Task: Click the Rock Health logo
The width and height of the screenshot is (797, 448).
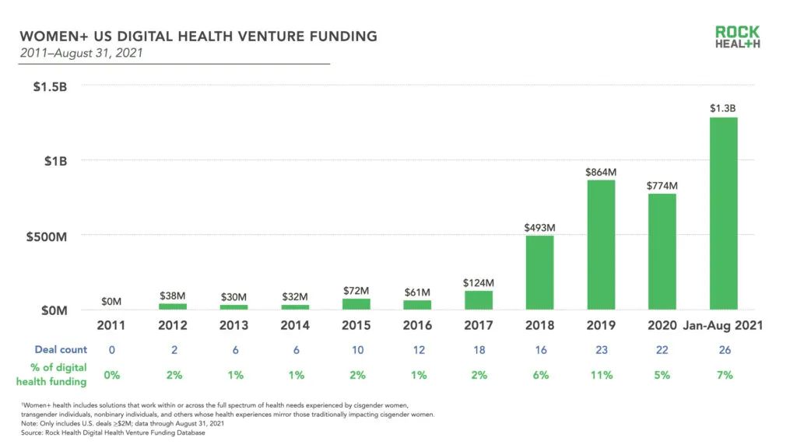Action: click(x=737, y=37)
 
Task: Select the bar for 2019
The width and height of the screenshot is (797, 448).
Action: click(x=602, y=245)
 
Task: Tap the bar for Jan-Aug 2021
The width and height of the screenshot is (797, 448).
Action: click(x=724, y=213)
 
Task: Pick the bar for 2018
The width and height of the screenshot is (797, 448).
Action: click(x=540, y=272)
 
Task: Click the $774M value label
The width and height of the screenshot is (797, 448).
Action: click(x=662, y=186)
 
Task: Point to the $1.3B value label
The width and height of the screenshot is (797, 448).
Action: click(x=723, y=109)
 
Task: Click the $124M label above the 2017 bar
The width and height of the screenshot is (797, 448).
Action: click(x=479, y=282)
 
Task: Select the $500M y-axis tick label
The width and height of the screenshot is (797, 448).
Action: click(x=46, y=236)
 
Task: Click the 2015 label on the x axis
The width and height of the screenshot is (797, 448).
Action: click(x=356, y=325)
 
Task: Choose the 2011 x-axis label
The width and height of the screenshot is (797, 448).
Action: click(x=111, y=325)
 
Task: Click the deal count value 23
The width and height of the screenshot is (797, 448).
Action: click(x=602, y=350)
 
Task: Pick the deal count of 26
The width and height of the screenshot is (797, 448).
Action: click(x=725, y=350)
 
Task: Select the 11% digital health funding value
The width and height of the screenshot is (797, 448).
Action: click(x=602, y=375)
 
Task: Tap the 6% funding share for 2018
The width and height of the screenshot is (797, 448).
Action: click(x=540, y=375)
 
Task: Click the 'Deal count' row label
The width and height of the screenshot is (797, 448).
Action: click(x=61, y=350)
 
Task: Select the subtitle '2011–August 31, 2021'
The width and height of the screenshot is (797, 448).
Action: click(x=81, y=54)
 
